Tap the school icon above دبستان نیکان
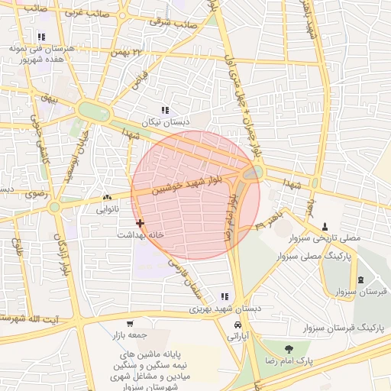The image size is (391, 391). pos(165,111)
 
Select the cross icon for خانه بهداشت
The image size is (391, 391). pos(139,223)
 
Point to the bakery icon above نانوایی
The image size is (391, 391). pos(106,197)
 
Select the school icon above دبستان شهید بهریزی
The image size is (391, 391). pos(224,296)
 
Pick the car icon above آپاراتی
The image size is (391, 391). pos(234,324)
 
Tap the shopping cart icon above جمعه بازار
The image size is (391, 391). pos(130,324)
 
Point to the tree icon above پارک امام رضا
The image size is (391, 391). pos(288,348)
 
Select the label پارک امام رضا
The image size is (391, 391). pos(286,360)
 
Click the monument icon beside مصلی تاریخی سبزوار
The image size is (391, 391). pos(326,227)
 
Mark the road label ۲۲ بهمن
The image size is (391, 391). pos(127,52)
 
